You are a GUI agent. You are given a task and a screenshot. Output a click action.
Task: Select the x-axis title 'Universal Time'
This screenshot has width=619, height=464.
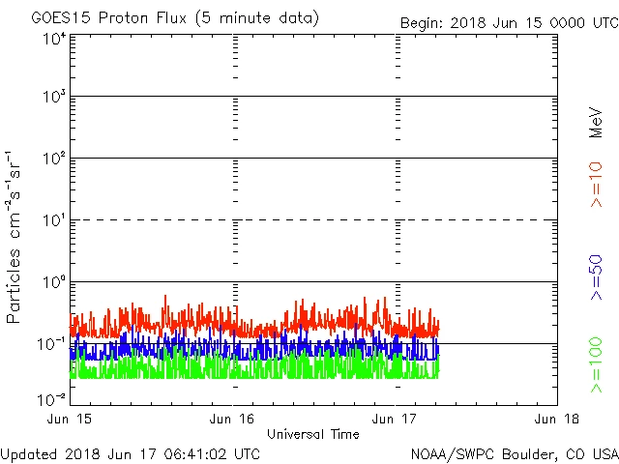point(312,434)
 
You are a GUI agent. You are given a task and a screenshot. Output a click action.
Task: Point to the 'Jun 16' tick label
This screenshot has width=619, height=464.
point(232,420)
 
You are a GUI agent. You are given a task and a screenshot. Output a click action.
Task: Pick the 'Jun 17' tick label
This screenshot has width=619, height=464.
point(395,420)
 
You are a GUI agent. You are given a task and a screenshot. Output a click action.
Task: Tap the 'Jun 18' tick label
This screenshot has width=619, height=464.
point(556,420)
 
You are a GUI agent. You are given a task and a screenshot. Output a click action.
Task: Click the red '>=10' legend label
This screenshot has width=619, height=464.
point(597,184)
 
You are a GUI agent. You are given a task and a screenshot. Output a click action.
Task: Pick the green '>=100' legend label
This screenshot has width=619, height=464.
point(597,365)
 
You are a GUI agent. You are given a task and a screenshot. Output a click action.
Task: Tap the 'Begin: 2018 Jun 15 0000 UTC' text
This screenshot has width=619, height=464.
point(509,21)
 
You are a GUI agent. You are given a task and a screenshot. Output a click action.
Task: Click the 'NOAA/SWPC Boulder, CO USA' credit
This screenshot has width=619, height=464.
point(514,452)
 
